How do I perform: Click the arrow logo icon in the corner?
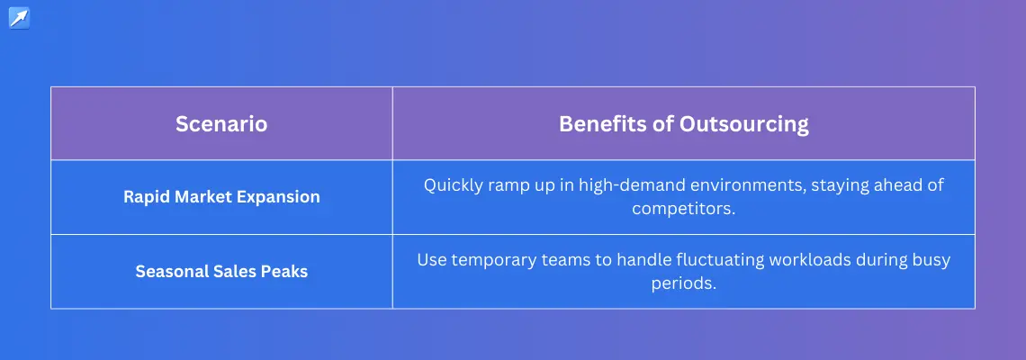19,18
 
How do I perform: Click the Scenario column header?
221,123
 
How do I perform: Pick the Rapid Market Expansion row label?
221,197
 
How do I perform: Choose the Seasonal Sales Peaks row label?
221,271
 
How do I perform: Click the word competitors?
684,210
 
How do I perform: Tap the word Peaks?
288,271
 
